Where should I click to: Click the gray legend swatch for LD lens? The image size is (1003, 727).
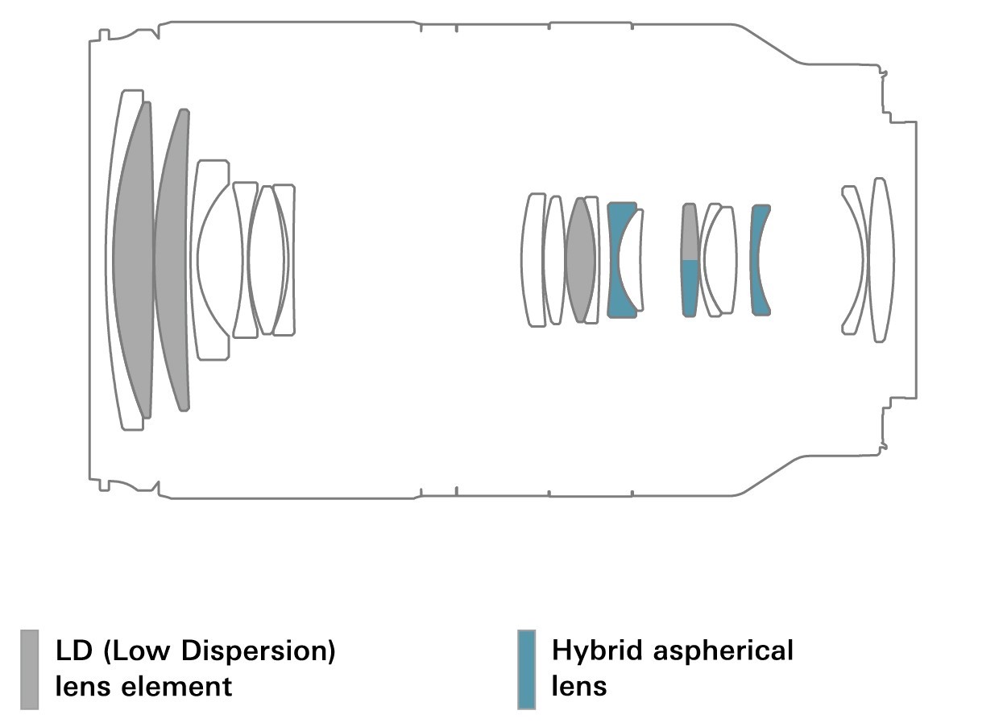click(x=29, y=669)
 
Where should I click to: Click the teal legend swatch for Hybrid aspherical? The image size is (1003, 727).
click(x=526, y=669)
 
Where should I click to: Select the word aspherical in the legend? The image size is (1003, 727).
click(x=723, y=651)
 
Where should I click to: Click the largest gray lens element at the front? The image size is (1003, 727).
click(x=132, y=259)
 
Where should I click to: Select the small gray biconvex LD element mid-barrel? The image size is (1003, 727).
click(x=580, y=259)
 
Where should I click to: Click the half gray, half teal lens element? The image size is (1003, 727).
click(x=690, y=259)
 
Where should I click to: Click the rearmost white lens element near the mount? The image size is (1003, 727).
click(x=881, y=259)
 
